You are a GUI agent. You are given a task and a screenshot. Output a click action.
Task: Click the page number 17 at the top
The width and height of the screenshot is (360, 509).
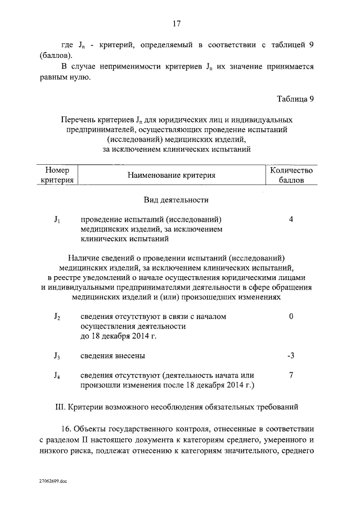tap(176, 24)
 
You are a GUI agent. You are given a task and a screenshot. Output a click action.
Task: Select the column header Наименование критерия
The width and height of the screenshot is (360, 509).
tap(172, 175)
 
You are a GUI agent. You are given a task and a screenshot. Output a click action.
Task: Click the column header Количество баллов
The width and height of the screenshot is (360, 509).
tap(291, 175)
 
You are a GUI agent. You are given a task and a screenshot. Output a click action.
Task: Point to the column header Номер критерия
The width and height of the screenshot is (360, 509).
tap(57, 175)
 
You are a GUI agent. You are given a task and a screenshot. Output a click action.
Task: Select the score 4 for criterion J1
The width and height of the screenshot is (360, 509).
tap(291, 219)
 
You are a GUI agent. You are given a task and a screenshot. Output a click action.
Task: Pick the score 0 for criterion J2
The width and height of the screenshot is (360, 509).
tap(291, 317)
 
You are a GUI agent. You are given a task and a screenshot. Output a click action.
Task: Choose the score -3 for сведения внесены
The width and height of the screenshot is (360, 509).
tap(291, 355)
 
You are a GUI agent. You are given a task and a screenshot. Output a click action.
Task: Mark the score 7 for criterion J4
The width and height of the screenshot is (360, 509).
tap(291, 375)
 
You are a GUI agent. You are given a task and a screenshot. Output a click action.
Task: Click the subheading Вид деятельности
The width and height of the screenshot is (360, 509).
tap(176, 200)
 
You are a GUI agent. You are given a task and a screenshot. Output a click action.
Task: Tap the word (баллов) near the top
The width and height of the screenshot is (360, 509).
tap(56, 55)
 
